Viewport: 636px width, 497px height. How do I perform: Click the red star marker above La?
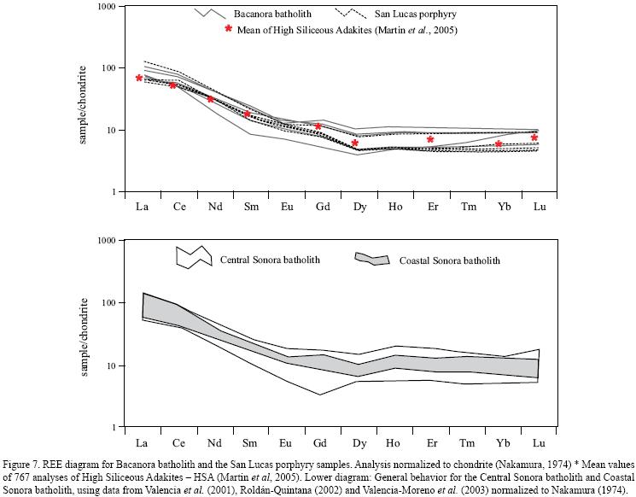tap(139, 79)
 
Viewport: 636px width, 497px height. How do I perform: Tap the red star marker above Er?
tap(430, 139)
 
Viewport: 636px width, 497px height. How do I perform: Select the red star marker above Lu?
tap(534, 137)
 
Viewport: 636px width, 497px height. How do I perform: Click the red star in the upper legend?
tap(228, 28)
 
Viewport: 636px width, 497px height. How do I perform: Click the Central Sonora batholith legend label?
tap(271, 259)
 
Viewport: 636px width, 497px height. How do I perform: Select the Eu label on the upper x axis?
tap(285, 206)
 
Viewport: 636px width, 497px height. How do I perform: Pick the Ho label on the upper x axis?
tap(394, 206)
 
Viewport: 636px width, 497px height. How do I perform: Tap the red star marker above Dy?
tap(355, 143)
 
